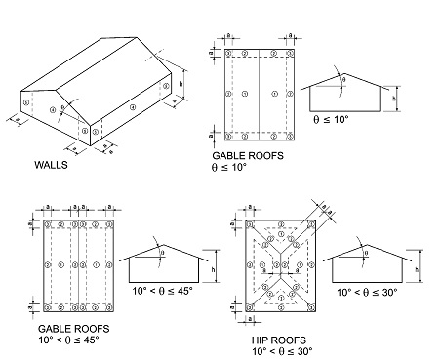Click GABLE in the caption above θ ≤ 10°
coord(229,155)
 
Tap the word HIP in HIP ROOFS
coord(261,338)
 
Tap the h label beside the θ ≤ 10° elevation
coord(395,99)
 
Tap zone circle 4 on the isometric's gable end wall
coord(55,108)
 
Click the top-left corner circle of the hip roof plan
coord(248,223)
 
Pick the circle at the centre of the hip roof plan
coord(281,265)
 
